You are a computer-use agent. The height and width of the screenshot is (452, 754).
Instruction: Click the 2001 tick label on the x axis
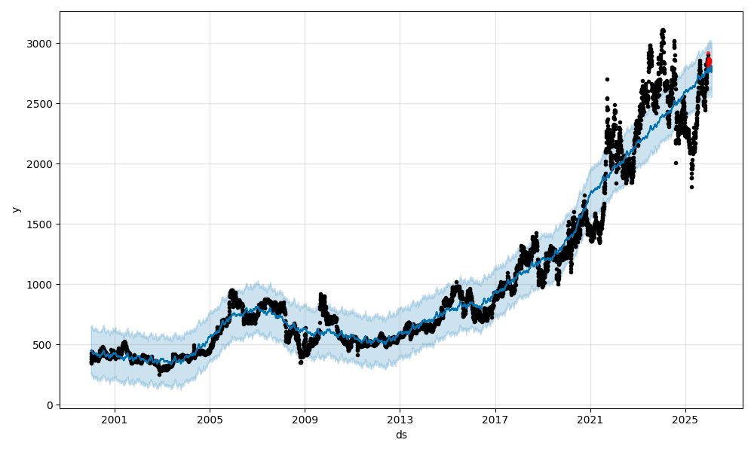point(115,420)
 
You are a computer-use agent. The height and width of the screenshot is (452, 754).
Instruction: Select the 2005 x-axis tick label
point(210,420)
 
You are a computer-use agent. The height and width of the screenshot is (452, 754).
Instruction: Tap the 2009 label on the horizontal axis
point(305,420)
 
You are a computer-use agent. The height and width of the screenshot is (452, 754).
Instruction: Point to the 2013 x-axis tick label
point(400,420)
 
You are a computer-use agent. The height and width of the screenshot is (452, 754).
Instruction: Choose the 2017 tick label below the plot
point(495,420)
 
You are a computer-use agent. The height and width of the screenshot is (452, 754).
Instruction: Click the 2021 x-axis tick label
point(590,420)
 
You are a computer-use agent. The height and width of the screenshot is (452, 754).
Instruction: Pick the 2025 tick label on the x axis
point(685,420)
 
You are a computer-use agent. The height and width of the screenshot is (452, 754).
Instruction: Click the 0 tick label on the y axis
point(50,405)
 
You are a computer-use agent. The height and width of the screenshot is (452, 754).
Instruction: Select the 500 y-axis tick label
point(44,345)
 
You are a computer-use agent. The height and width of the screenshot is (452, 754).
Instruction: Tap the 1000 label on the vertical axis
point(41,285)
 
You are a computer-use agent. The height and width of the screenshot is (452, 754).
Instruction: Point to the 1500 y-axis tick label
point(41,224)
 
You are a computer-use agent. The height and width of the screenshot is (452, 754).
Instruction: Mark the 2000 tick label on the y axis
point(41,164)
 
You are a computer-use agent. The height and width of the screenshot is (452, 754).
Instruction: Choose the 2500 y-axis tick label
point(41,104)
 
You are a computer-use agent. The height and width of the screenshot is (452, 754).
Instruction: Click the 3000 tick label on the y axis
point(41,44)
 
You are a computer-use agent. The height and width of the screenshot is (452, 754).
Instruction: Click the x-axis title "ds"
point(401,435)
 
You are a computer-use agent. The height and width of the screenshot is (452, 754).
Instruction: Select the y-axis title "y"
point(16,209)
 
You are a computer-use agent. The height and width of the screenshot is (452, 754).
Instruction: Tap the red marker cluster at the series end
point(708,61)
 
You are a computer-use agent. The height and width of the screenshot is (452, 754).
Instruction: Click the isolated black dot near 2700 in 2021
point(607,79)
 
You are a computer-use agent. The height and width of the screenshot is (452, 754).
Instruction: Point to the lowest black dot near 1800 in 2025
point(691,187)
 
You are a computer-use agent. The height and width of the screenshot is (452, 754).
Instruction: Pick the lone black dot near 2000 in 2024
point(676,163)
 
